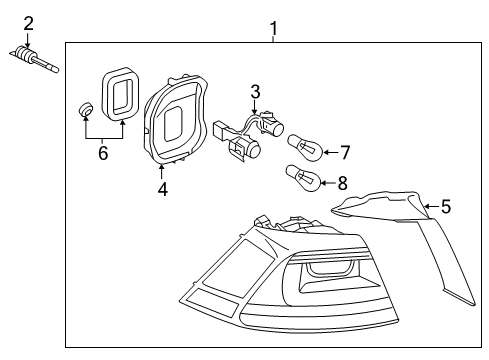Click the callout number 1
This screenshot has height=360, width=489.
tap(273, 28)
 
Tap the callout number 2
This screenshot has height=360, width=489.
tap(28, 24)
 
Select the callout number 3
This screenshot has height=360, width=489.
tap(255, 92)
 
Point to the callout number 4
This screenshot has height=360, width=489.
tap(163, 189)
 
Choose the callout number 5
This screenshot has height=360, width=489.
tap(446, 206)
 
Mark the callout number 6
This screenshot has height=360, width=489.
tap(103, 153)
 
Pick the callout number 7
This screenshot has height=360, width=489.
tap(345, 152)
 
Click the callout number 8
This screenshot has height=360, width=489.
tap(342, 183)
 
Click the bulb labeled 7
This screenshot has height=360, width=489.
tap(305, 148)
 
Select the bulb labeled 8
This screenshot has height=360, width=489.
tap(303, 178)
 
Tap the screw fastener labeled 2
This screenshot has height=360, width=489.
tap(34, 59)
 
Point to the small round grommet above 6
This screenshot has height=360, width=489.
tap(86, 109)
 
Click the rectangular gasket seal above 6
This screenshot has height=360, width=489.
tap(120, 93)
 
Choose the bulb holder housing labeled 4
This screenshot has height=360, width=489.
tap(175, 119)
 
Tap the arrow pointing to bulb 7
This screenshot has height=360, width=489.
tap(331, 152)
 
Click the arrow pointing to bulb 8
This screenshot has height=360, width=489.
tap(328, 183)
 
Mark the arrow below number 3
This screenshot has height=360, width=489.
tap(255, 107)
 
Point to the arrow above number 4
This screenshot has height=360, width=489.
tap(162, 172)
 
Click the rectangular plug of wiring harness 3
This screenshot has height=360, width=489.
tap(221, 131)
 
